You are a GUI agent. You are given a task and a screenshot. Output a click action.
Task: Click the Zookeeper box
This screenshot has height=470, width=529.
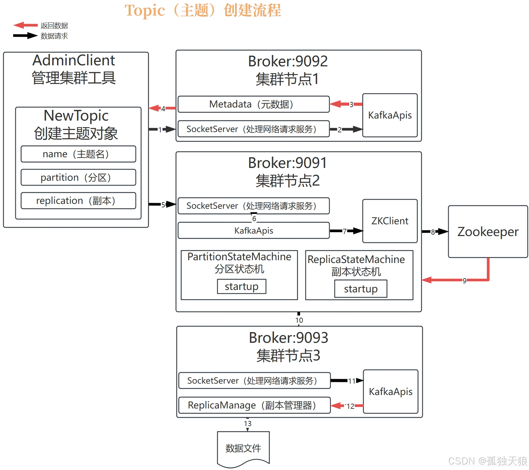point(488,232)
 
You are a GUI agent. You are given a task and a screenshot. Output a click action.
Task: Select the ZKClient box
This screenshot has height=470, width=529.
point(390,221)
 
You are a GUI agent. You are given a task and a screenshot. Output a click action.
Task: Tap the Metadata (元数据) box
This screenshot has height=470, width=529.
point(253,104)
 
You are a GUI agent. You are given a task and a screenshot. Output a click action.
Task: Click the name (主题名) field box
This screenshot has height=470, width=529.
point(78,154)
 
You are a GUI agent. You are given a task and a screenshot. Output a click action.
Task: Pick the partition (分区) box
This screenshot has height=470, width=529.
point(78,177)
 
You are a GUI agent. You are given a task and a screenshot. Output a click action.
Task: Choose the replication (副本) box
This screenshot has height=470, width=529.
point(78,200)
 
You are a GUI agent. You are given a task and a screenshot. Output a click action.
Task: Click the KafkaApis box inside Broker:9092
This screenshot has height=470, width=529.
point(390,115)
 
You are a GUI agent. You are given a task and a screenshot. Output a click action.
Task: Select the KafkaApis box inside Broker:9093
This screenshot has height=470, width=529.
point(390,392)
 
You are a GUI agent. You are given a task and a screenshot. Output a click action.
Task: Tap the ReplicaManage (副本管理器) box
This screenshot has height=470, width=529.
point(254,405)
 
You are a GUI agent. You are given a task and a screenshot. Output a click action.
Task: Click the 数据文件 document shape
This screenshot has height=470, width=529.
point(243,448)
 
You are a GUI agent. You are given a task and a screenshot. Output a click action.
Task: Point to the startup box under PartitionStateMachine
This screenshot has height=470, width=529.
point(241,286)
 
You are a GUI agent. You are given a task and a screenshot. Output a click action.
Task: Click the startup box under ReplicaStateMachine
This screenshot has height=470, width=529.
point(361,289)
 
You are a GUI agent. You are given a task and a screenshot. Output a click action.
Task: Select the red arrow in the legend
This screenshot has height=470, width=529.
point(26,25)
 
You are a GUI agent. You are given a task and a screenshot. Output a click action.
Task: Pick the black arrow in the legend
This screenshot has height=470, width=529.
point(26,36)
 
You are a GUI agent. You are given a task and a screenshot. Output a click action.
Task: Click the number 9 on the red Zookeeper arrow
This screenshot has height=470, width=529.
point(464,280)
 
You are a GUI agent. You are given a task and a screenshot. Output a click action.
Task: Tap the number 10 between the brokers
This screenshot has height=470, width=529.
point(299,320)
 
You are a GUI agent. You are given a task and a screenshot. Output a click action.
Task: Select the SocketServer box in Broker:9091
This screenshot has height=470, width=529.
point(253,206)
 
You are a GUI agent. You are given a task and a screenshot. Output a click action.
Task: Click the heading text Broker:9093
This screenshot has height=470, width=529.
point(288,338)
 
